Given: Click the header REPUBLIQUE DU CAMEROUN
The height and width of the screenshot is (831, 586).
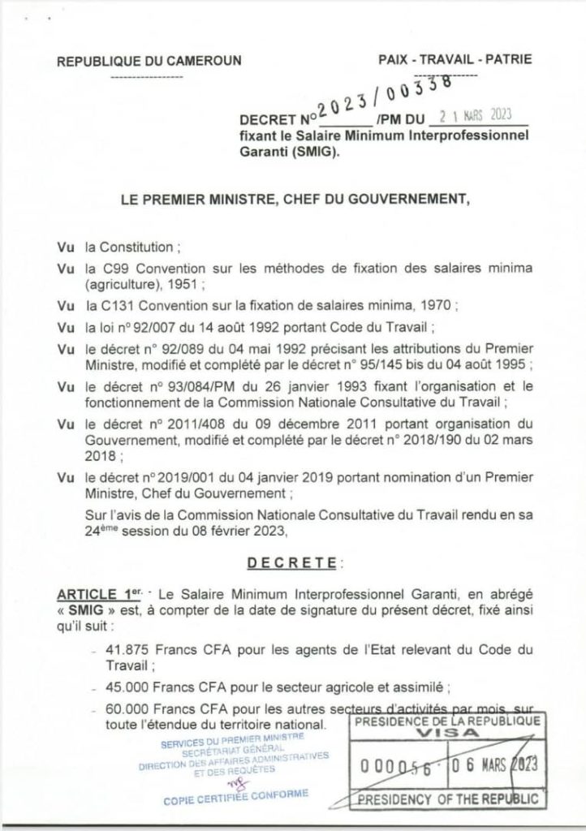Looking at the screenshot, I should coord(143,62).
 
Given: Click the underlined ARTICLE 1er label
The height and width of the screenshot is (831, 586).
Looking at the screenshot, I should coord(101,595).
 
